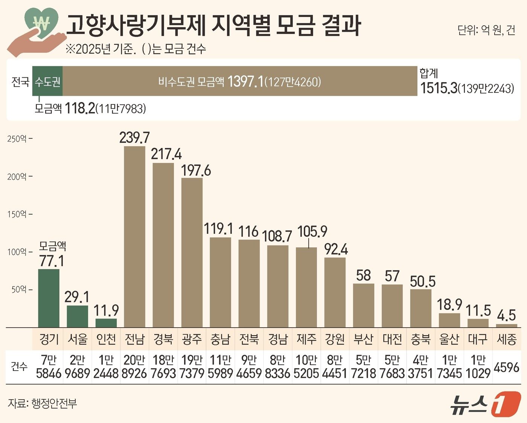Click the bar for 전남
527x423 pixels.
point(134,236)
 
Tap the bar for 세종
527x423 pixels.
point(506,326)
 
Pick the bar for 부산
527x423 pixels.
point(363,305)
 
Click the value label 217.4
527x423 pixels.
point(166,154)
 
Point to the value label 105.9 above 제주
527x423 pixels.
point(312,231)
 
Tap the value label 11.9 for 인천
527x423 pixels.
point(106,311)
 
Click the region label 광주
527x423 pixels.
point(192,339)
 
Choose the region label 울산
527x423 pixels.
point(449,339)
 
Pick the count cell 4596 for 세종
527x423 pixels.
point(506,367)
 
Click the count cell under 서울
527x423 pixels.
point(77,367)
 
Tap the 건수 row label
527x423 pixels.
point(19,366)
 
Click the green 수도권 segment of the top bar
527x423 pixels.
point(47,81)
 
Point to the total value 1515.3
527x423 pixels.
point(439,88)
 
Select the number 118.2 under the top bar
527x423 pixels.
point(80,109)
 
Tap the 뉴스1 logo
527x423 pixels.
point(486,405)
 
